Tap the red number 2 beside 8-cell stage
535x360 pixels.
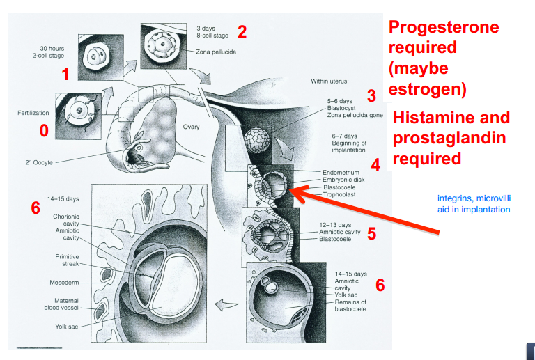242,31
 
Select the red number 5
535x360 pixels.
371,233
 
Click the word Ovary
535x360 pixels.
191,127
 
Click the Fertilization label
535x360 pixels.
33,112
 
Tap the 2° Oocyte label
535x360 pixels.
35,162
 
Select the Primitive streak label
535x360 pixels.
67,261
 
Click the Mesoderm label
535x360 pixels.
64,283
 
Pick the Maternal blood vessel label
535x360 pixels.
66,304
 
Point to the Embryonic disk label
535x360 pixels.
343,180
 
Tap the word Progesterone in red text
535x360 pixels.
444,27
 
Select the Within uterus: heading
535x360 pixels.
334,81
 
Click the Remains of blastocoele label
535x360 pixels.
350,306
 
